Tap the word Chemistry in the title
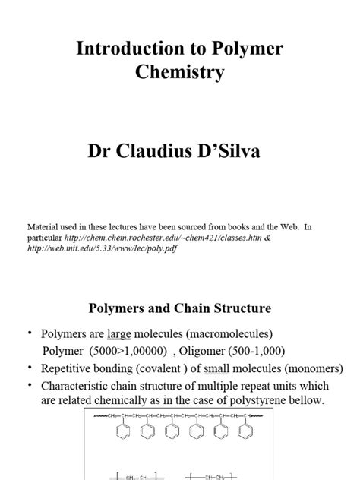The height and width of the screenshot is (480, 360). click(x=179, y=73)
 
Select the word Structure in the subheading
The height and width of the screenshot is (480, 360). click(x=242, y=308)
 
